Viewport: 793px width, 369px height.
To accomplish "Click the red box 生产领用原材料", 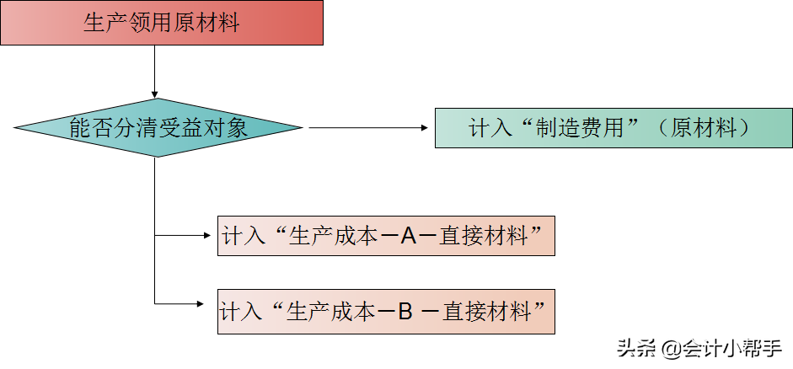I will [162, 23].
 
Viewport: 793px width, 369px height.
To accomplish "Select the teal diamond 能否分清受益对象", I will [158, 128].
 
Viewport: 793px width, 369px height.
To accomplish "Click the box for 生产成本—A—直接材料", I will [386, 236].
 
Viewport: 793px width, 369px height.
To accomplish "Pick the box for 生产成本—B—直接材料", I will [386, 312].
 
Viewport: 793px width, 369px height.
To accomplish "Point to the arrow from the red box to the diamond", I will [155, 72].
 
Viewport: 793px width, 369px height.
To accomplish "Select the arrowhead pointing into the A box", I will [211, 236].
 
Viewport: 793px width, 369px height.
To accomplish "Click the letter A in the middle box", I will [409, 236].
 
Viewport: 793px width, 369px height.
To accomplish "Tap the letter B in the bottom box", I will [405, 312].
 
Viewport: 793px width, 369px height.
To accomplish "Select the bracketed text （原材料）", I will [704, 129].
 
